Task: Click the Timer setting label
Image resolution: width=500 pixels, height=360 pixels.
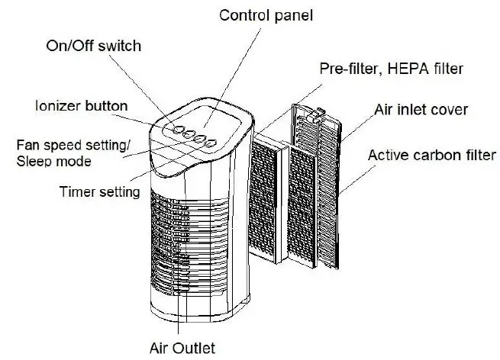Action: click(x=99, y=191)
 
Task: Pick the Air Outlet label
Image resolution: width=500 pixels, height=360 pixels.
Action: click(x=181, y=348)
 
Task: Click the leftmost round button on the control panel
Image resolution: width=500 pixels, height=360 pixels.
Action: click(x=177, y=129)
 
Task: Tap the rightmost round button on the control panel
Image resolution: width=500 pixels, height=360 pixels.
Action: click(x=212, y=143)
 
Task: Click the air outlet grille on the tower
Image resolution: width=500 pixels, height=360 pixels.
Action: click(x=183, y=244)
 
